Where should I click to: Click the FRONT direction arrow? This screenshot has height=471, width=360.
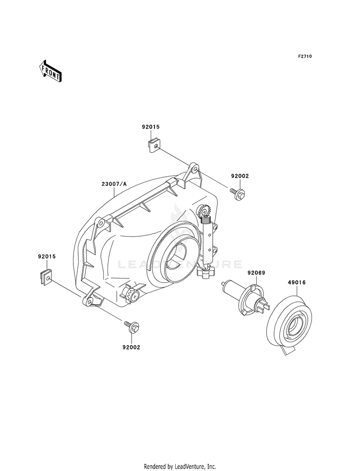point(50,71)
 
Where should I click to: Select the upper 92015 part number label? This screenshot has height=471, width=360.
point(151,127)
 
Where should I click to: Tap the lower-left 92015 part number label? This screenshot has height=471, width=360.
point(47,257)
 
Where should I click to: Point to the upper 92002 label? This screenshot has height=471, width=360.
point(240,176)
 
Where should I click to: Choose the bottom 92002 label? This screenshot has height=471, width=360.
point(131,348)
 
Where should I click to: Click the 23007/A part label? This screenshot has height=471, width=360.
point(114,184)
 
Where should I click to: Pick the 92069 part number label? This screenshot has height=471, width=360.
point(256,273)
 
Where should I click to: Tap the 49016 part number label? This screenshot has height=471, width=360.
point(297,282)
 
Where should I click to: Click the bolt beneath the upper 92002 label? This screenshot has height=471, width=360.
point(237,192)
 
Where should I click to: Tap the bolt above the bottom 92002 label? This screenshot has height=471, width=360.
point(132,326)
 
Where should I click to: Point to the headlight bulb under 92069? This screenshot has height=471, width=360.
point(245,297)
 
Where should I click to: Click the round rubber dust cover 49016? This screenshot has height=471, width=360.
point(289,323)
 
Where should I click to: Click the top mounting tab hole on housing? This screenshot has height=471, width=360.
point(195,169)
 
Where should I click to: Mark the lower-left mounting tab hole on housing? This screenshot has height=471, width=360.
point(89,301)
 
